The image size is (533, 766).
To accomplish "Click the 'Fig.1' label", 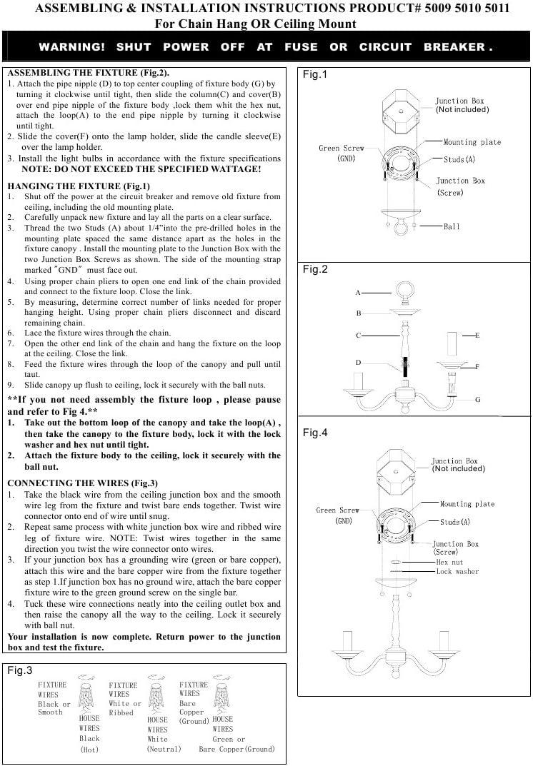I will pyautogui.click(x=314, y=75).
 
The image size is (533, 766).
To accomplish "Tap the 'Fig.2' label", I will pyautogui.click(x=314, y=269).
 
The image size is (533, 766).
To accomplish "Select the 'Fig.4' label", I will pyautogui.click(x=314, y=433).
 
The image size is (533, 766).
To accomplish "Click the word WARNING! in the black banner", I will pyautogui.click(x=71, y=47).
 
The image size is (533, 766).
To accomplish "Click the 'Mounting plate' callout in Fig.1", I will pyautogui.click(x=472, y=142).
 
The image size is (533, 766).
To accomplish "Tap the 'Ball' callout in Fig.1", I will pyautogui.click(x=452, y=226).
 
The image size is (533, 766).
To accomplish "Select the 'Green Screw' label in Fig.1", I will pyautogui.click(x=341, y=148).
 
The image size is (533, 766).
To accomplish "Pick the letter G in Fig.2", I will pyautogui.click(x=478, y=400).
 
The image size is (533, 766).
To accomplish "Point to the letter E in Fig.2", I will pyautogui.click(x=477, y=335).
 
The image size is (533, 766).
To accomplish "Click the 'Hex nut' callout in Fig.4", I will pyautogui.click(x=449, y=563).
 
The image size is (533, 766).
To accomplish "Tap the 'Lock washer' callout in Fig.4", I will pyautogui.click(x=457, y=572).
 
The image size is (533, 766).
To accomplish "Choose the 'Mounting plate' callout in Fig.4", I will pyautogui.click(x=467, y=504).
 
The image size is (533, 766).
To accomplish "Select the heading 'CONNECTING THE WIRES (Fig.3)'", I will pyautogui.click(x=83, y=483).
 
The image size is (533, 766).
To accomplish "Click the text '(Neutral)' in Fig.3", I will pyautogui.click(x=164, y=749).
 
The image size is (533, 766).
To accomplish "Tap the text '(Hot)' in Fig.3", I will pyautogui.click(x=89, y=749).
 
